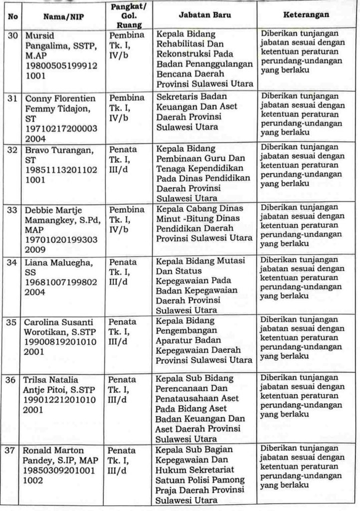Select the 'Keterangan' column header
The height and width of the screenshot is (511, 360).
306,16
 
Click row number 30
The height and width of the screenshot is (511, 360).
10,36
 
